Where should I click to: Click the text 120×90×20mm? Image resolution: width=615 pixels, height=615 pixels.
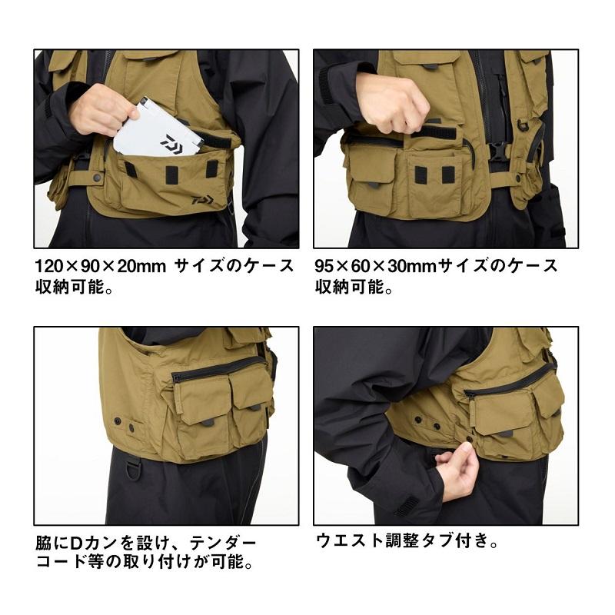pyautogui.click(x=101, y=267)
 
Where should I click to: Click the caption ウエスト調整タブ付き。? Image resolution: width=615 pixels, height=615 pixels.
pyautogui.click(x=407, y=540)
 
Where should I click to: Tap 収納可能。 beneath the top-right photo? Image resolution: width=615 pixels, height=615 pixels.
pyautogui.click(x=355, y=289)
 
